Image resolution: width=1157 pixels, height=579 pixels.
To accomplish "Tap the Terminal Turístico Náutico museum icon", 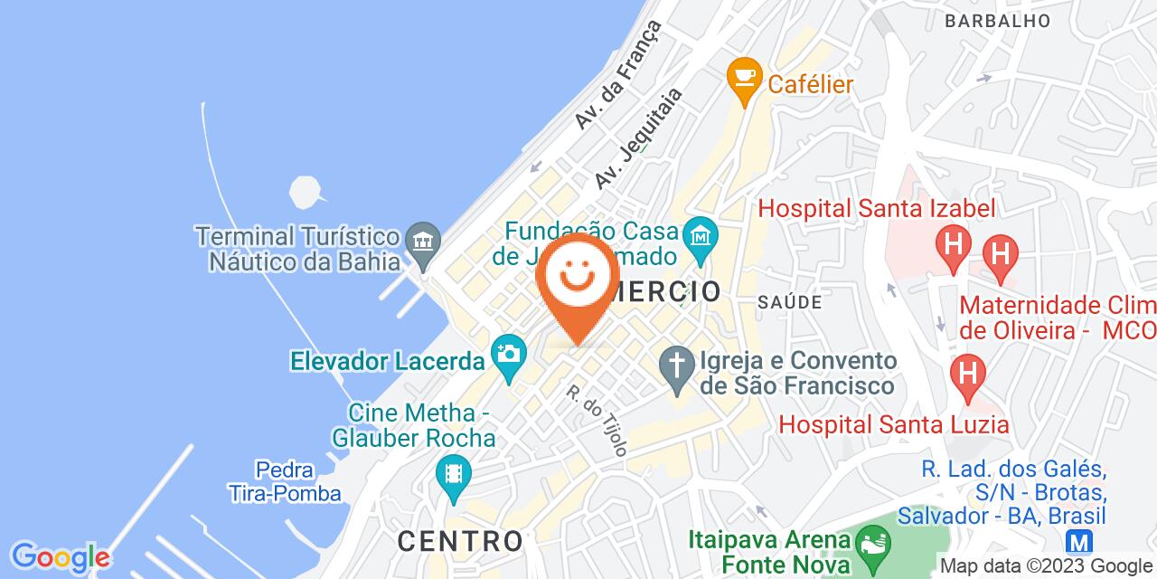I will click(421, 241).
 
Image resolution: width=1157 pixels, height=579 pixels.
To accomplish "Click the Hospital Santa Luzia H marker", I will click(968, 374).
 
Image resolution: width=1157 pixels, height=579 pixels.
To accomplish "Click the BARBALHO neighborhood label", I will click(997, 20).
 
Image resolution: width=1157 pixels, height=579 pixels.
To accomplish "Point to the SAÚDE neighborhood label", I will click(790, 301).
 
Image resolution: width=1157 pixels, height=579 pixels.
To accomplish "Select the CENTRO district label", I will click(460, 541).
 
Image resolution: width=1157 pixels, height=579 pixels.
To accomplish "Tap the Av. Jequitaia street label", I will click(638, 138).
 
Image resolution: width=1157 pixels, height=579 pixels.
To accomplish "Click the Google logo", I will click(59, 556).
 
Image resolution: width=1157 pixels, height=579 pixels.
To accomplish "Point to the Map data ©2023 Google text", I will click(1047, 566).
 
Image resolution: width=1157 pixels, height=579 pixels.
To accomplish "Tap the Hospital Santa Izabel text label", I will click(876, 208).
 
